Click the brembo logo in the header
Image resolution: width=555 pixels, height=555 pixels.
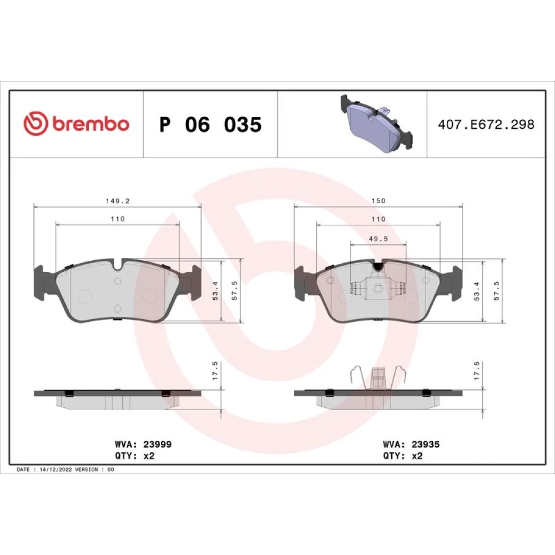click(77, 124)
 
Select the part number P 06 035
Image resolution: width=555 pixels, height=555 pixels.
click(210, 124)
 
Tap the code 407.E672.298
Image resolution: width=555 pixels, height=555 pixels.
click(486, 124)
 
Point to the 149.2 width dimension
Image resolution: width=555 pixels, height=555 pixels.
click(118, 201)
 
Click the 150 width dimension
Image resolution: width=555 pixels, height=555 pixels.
click(379, 201)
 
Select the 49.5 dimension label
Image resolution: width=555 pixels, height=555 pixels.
click(379, 239)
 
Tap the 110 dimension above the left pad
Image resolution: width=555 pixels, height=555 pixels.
click(118, 219)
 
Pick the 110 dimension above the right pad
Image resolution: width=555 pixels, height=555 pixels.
click(379, 219)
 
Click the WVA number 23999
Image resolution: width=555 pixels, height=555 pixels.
click(158, 444)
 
